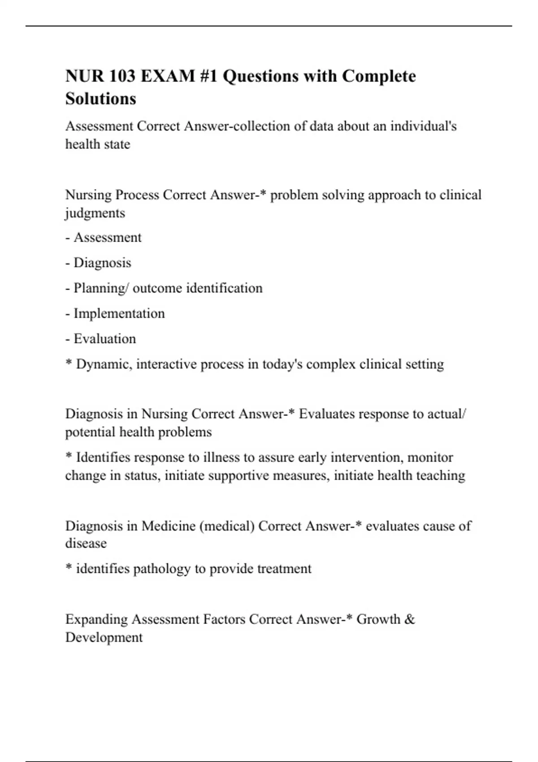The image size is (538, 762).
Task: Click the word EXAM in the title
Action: [168, 76]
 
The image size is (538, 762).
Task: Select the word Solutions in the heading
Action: [100, 99]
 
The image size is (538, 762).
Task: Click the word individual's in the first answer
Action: [423, 126]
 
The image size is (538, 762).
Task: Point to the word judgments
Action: [95, 213]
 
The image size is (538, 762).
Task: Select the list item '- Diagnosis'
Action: [98, 263]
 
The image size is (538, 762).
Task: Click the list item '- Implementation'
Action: [115, 313]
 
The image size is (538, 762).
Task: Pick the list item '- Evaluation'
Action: [100, 339]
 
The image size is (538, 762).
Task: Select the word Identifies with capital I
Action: [103, 457]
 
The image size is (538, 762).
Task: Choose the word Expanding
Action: [96, 619]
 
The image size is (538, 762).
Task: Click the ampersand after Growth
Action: [409, 619]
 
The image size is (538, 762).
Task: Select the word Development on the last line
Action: [104, 637]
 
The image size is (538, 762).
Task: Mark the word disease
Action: [86, 543]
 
